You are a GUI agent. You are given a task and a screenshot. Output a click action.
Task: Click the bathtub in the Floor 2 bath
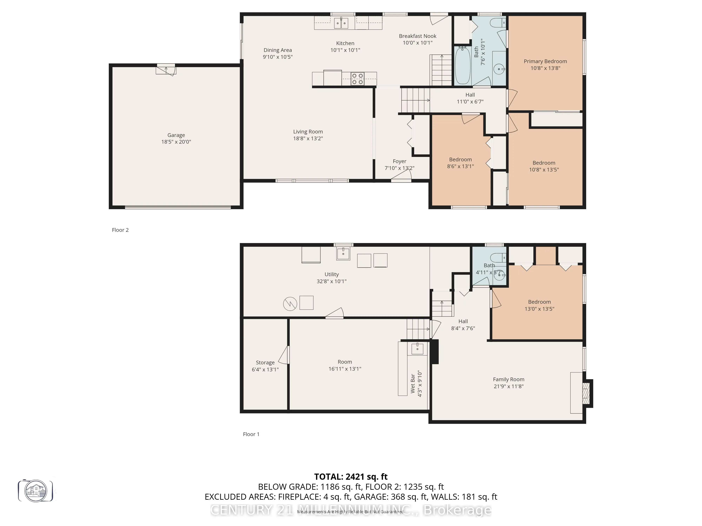463,66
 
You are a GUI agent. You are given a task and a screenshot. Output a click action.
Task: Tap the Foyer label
399,161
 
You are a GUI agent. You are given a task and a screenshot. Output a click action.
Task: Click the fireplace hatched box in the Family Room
586,393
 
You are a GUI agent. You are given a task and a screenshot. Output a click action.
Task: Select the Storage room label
265,362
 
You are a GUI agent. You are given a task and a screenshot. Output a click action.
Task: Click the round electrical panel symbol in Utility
290,304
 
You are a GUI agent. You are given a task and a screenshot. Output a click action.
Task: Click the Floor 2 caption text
120,230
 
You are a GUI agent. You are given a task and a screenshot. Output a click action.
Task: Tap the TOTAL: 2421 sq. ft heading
351,477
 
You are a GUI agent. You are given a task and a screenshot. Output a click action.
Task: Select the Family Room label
508,379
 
